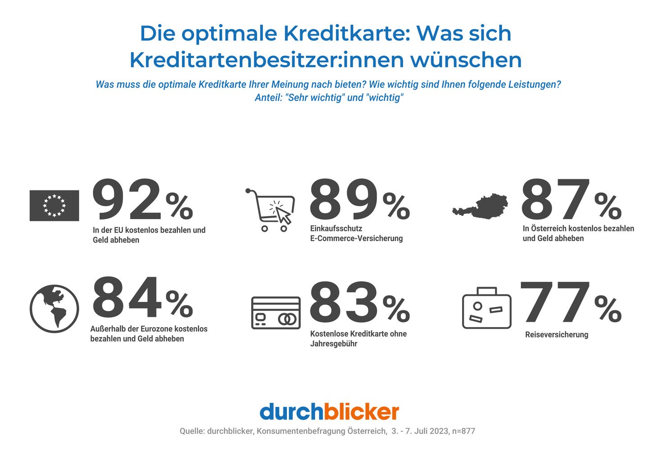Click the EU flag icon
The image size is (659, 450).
click(x=54, y=205)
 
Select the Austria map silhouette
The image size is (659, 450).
click(x=480, y=207)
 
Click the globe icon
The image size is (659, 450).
click(x=54, y=309)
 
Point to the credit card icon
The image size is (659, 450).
click(x=275, y=313)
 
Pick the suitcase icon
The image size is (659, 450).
click(x=486, y=309)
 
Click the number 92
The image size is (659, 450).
click(x=127, y=199)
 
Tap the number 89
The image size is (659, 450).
click(x=344, y=199)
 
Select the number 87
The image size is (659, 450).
click(x=555, y=199)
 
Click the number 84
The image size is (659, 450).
click(x=127, y=298)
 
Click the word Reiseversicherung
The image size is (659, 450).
click(x=556, y=335)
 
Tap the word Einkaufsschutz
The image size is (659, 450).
click(x=336, y=229)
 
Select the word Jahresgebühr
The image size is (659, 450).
click(x=333, y=344)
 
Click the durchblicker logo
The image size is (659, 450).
click(x=329, y=412)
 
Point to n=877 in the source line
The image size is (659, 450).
click(x=464, y=431)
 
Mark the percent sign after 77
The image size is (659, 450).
click(x=608, y=308)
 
